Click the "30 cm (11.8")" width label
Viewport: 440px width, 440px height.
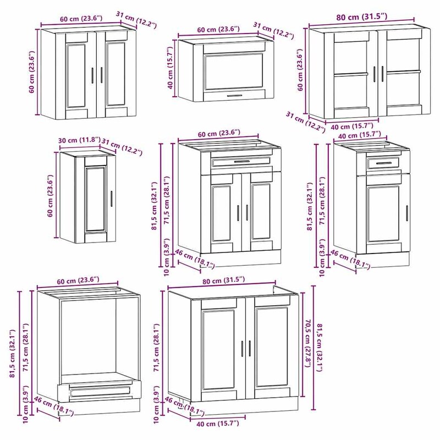(x=79, y=140)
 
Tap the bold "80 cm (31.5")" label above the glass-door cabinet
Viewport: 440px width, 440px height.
(x=362, y=17)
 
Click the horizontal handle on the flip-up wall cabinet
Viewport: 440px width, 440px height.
(x=234, y=95)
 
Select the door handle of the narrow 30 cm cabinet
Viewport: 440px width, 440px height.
(x=112, y=199)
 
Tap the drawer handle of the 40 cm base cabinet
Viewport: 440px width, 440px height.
(x=383, y=163)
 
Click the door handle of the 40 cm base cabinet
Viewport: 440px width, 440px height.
(x=407, y=213)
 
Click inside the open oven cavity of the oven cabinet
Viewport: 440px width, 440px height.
(x=89, y=337)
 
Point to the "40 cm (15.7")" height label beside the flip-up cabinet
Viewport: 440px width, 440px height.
(x=171, y=68)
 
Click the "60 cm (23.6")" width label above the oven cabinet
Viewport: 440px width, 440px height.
(x=78, y=281)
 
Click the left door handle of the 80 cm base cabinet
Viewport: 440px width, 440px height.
(x=243, y=349)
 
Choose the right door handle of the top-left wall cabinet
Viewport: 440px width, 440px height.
(x=102, y=75)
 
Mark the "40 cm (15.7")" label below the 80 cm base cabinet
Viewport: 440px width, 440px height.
(x=218, y=424)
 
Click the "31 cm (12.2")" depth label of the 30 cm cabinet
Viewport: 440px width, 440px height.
(x=122, y=147)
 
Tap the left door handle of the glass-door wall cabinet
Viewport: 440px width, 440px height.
(x=375, y=74)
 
